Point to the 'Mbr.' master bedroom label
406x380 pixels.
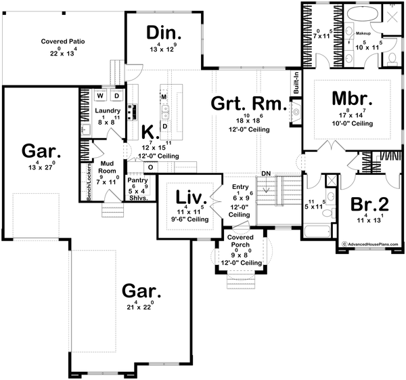pos(350,98)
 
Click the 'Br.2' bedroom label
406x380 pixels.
pos(369,204)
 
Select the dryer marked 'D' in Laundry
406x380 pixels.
pos(115,96)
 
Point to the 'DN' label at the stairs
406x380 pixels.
pos(267,174)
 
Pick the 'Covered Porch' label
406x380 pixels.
pos(240,242)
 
